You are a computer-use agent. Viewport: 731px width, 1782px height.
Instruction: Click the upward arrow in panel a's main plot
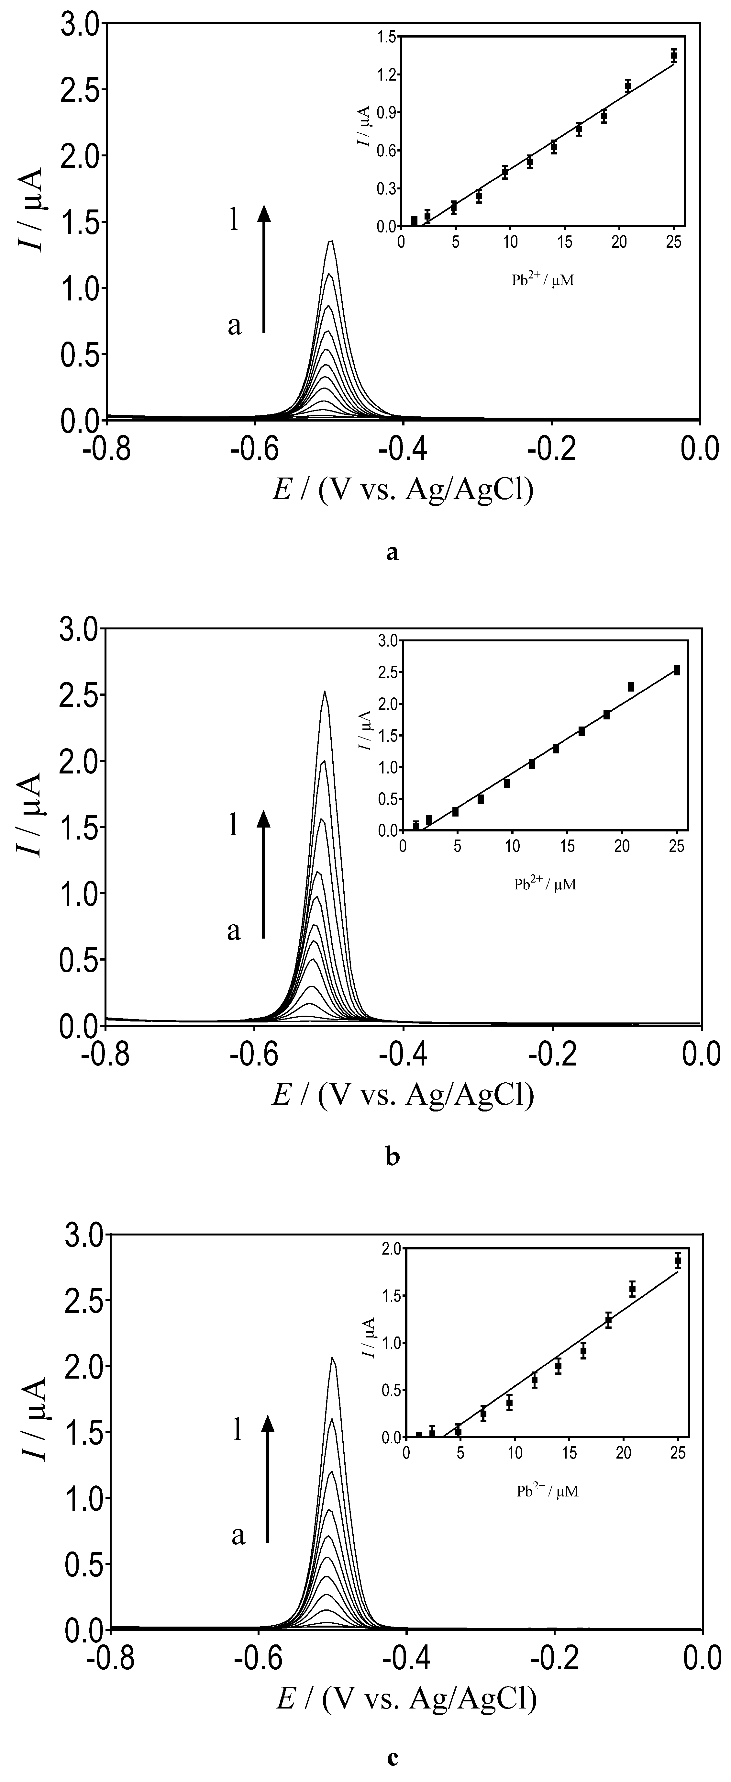(x=263, y=270)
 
